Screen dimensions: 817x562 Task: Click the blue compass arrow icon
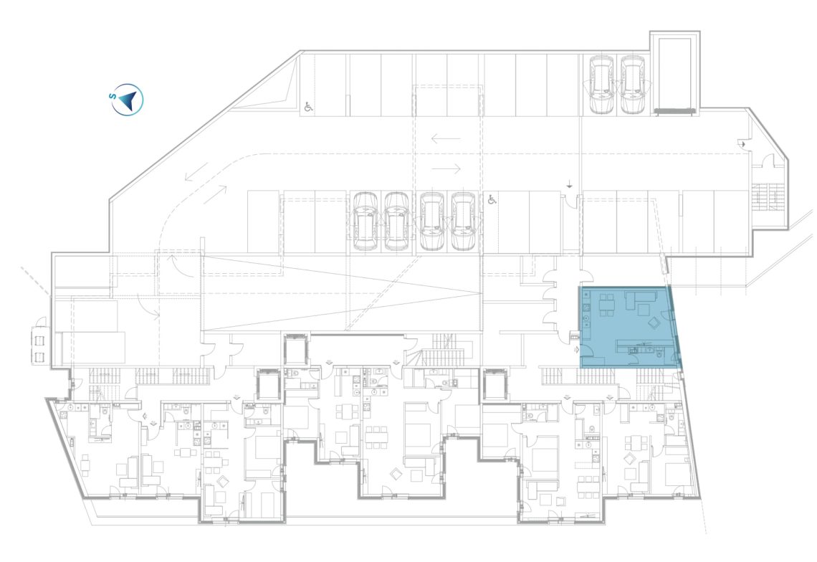point(130,99)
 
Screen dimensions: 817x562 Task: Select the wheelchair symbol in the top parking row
point(308,106)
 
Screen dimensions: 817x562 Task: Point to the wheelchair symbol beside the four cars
point(492,199)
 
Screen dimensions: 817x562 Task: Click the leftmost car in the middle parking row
point(365,221)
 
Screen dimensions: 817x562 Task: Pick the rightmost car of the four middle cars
point(463,221)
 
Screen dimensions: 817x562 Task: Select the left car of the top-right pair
point(601,85)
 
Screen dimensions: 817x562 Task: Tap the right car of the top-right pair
point(633,85)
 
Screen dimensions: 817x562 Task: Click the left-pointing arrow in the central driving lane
point(446,138)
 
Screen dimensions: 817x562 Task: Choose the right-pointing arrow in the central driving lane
point(446,169)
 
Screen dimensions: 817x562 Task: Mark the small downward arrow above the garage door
point(570,184)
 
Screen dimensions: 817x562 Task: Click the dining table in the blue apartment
point(606,305)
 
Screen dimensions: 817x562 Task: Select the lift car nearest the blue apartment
point(494,385)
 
